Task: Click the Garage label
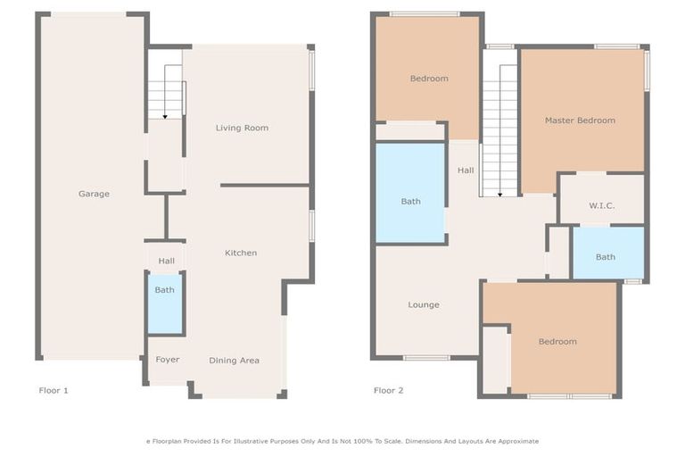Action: coord(94,194)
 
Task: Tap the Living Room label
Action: coord(242,128)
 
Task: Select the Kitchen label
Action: coord(241,253)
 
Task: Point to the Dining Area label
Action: coord(234,361)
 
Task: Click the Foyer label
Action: coord(167,360)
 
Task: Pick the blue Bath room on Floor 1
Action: coord(165,304)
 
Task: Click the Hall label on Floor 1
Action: coord(166,261)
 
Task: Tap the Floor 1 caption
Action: coord(54,390)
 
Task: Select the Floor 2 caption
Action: coord(389,390)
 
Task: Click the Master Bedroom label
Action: coord(580,120)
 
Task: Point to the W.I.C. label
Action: coord(601,205)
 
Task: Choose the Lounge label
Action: coord(424,304)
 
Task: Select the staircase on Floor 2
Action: coord(499,125)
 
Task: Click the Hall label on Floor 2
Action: coord(466,170)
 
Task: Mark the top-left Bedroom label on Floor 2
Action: coord(429,79)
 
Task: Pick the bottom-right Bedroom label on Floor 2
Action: coord(557,341)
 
